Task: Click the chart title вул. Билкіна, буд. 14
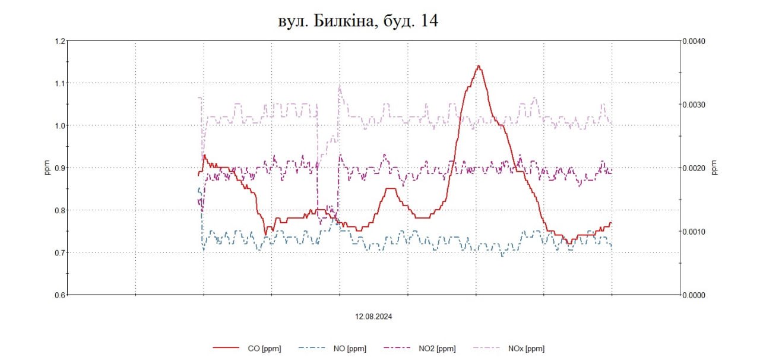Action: point(358,21)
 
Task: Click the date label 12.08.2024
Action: point(374,317)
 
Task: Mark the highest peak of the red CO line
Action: point(478,66)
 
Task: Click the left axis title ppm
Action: point(47,168)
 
